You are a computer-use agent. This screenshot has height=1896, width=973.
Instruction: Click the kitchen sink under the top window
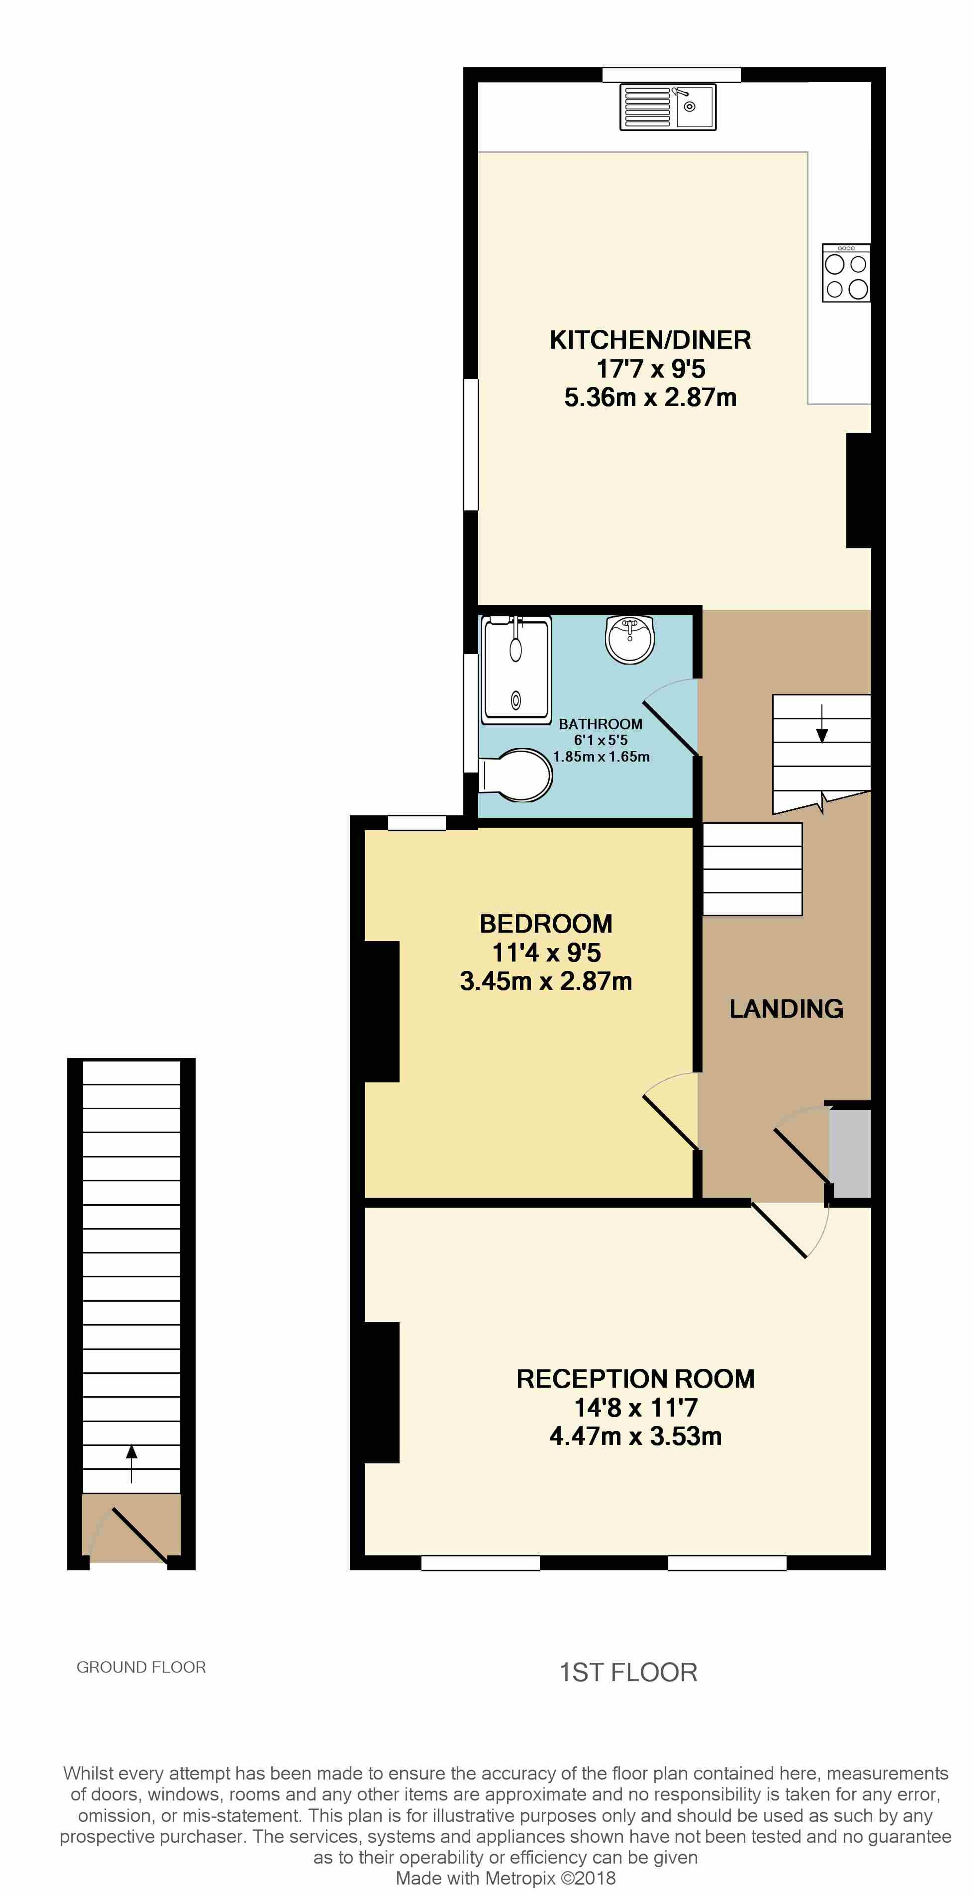point(668,107)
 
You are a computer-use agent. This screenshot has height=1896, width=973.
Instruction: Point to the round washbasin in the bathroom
point(630,638)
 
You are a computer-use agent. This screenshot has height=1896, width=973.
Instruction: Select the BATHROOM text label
point(601,724)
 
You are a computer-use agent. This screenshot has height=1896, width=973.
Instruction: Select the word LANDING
point(786,1008)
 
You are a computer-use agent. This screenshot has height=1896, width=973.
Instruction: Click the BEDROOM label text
point(546,924)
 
